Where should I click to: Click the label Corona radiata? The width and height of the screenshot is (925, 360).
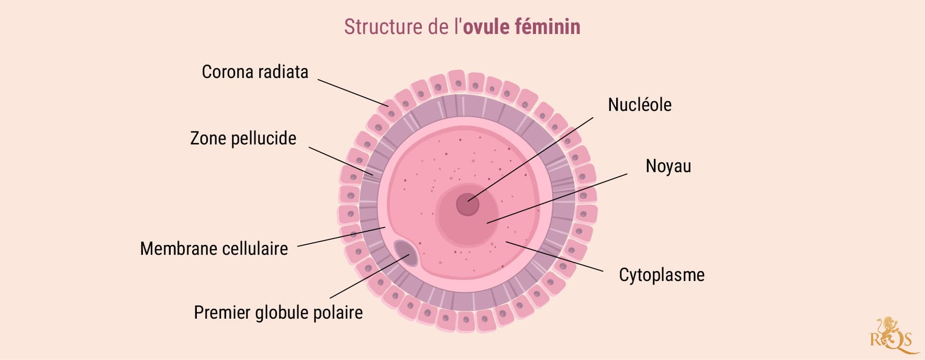coord(255,72)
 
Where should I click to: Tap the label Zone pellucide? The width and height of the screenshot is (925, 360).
coord(243,139)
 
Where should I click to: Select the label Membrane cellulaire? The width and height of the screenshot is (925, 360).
coord(214,249)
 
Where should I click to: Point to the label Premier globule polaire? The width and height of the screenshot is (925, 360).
coord(278,313)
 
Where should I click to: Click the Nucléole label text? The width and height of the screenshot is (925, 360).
coord(639,105)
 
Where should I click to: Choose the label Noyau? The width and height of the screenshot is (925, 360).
coord(668,166)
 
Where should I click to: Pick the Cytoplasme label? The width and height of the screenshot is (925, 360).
coord(661,275)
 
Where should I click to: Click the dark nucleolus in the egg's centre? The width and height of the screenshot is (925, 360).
coord(467,204)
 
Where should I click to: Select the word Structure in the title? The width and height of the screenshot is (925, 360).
coord(383,27)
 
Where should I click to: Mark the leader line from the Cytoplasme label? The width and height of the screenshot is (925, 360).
coord(555,257)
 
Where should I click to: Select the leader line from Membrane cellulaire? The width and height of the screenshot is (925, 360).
coord(340,237)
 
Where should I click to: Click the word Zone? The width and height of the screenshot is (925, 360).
coord(208,139)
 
